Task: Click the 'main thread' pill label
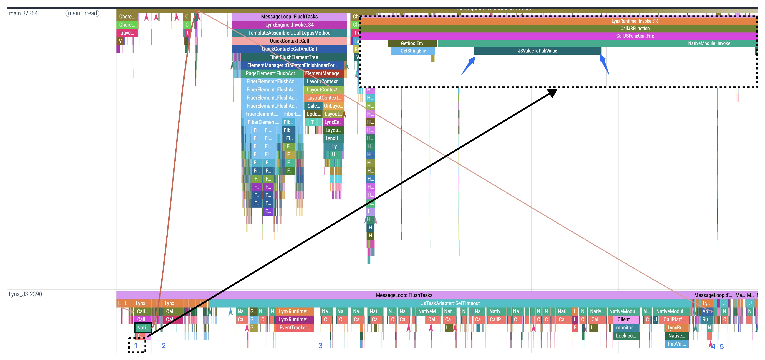[82, 13]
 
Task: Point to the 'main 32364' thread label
[23, 13]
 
